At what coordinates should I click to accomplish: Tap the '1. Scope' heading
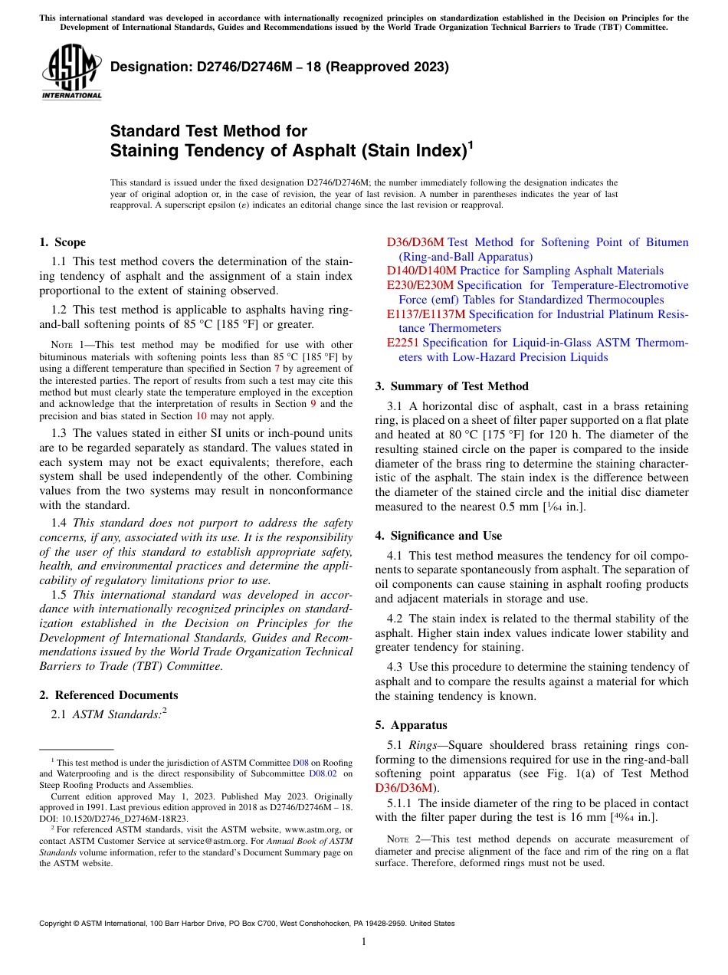[x=62, y=242]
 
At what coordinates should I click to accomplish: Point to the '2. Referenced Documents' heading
[x=108, y=695]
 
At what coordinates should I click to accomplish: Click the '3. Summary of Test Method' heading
[x=452, y=386]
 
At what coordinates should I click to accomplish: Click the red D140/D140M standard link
[x=421, y=271]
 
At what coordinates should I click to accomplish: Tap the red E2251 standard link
[x=403, y=343]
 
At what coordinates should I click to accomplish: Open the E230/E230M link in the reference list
[x=420, y=285]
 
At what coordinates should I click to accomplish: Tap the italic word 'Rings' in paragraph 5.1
[x=423, y=745]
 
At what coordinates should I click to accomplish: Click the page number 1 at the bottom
[x=364, y=942]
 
